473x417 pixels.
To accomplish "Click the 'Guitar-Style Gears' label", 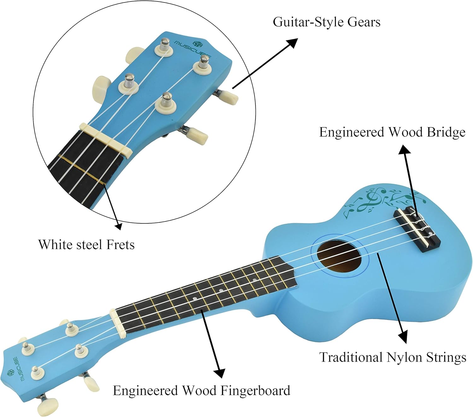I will [326, 22].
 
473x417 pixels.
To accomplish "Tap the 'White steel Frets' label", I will [86, 244].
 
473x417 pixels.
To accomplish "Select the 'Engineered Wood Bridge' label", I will [392, 132].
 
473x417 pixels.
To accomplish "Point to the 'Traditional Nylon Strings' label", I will [393, 357].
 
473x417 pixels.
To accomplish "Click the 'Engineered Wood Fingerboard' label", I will [201, 391].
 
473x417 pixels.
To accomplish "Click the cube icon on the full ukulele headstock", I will [10, 373].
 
